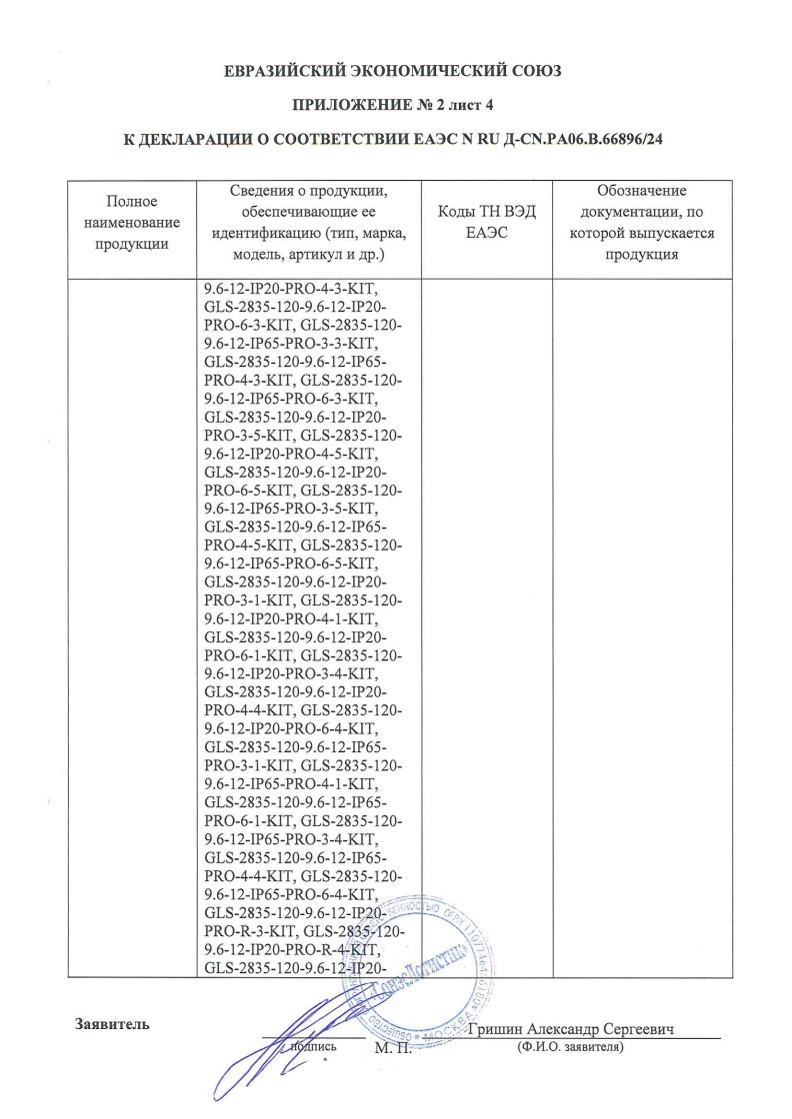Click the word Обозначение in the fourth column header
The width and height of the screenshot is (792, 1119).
[x=641, y=190]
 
